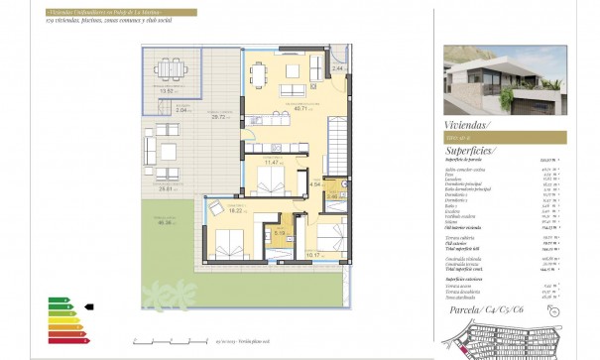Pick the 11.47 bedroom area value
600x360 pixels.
267,162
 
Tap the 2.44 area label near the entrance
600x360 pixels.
337,67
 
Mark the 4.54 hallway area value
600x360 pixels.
315,184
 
